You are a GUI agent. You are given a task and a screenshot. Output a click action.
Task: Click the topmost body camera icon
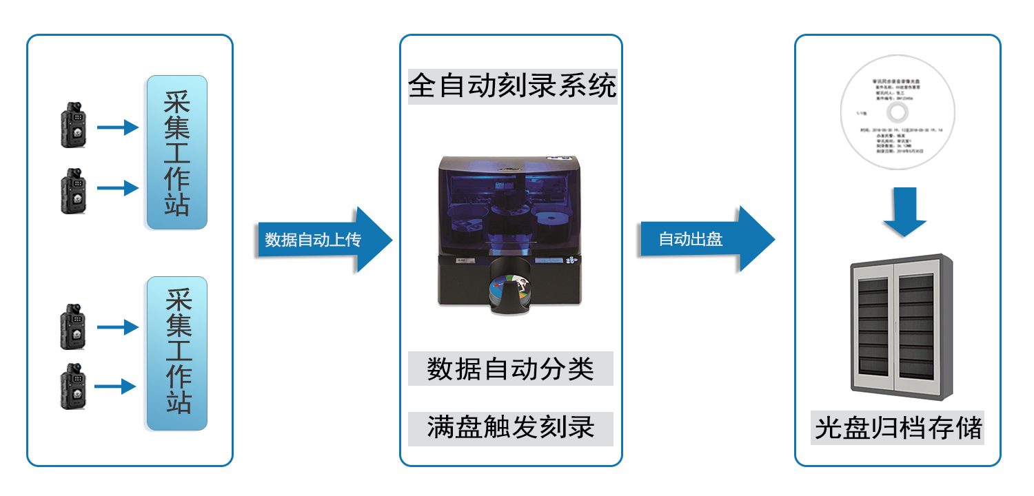pyautogui.click(x=73, y=125)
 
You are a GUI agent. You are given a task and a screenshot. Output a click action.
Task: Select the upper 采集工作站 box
pyautogui.click(x=176, y=152)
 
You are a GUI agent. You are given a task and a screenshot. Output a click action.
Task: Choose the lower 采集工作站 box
pyautogui.click(x=176, y=353)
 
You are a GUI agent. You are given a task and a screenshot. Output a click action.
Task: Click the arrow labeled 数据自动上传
pyautogui.click(x=324, y=240)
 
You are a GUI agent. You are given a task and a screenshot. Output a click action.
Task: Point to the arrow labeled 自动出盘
pyautogui.click(x=707, y=239)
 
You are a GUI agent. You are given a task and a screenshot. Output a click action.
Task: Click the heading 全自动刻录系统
pyautogui.click(x=511, y=87)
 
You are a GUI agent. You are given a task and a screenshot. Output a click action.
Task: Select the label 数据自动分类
pyautogui.click(x=510, y=369)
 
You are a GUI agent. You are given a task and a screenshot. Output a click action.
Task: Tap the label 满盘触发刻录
pyautogui.click(x=510, y=428)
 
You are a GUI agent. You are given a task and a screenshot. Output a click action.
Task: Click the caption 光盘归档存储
pyautogui.click(x=898, y=427)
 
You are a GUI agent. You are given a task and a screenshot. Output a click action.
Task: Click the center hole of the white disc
pyautogui.click(x=896, y=112)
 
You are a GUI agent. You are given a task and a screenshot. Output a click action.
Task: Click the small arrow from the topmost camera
pyautogui.click(x=118, y=127)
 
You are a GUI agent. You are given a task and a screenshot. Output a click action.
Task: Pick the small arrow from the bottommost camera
pyautogui.click(x=115, y=386)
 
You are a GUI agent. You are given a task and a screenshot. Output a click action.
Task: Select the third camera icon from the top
pyautogui.click(x=72, y=326)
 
